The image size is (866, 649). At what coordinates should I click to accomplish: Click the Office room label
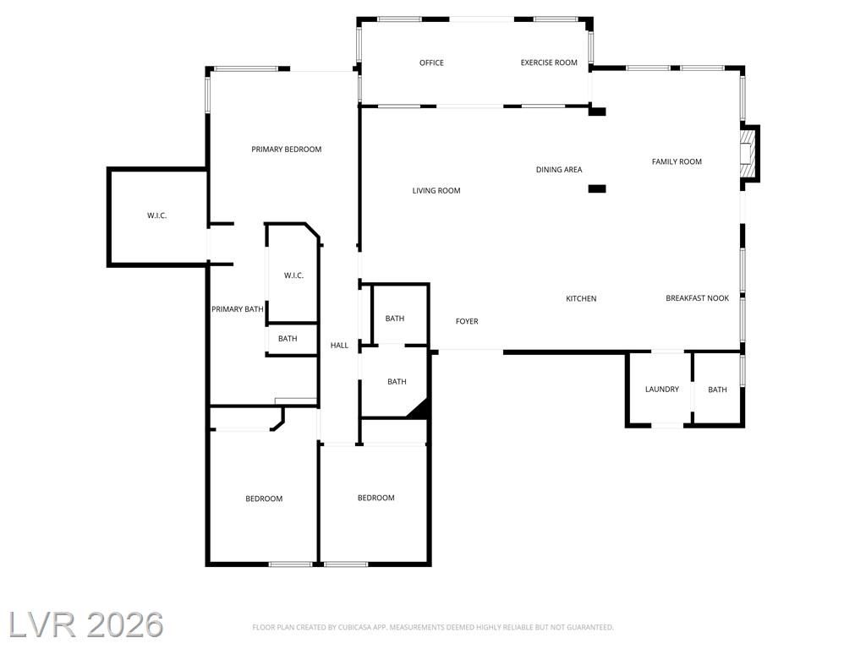pos(431,63)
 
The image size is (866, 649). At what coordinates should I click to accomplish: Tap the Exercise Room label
pos(549,63)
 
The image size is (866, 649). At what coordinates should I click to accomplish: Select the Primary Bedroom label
pos(286,150)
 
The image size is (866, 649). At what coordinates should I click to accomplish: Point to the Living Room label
pos(436,191)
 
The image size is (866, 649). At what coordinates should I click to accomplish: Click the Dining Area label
pos(559,170)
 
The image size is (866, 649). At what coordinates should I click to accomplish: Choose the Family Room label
pos(677,161)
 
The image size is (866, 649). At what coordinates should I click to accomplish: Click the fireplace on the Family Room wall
pos(750,154)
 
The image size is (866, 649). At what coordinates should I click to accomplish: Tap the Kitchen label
pos(581,298)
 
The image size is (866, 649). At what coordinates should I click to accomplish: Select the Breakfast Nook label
pos(697,298)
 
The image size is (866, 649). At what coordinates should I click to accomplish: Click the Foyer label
pos(467,321)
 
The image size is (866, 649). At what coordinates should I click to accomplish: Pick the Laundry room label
pos(661,389)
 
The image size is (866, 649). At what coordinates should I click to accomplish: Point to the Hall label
pos(339,346)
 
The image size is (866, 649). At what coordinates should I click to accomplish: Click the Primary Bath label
pos(238,309)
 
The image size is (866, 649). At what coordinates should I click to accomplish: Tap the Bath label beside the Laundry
pos(717,390)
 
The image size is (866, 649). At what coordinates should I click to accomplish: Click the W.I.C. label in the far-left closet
pos(156,215)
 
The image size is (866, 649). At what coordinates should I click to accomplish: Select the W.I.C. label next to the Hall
pos(293,275)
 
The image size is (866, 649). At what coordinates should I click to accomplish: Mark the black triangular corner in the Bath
pos(421,409)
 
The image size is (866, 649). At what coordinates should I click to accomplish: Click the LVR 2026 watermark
pos(86,624)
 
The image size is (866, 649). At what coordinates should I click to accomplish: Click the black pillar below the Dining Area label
pos(597,188)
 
